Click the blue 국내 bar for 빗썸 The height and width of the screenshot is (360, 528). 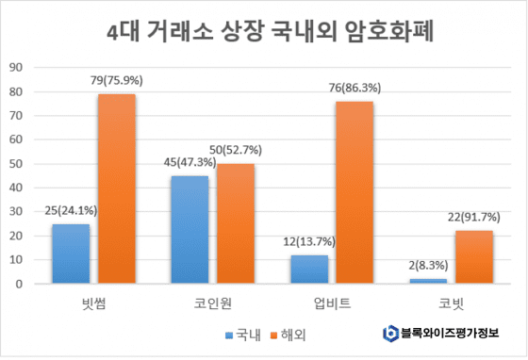pyautogui.click(x=71, y=254)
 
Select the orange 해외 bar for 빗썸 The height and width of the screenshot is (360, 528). pyautogui.click(x=117, y=188)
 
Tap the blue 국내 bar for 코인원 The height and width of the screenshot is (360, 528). pyautogui.click(x=190, y=229)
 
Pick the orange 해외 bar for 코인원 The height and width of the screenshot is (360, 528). pyautogui.click(x=236, y=223)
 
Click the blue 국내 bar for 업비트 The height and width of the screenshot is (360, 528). pyautogui.click(x=308, y=269)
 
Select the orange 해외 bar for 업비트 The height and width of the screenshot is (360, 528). pyautogui.click(x=355, y=192)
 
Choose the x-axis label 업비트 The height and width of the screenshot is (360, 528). pyautogui.click(x=332, y=303)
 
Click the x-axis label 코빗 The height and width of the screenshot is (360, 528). pyautogui.click(x=451, y=303)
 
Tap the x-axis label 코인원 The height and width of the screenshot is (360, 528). pyautogui.click(x=213, y=303)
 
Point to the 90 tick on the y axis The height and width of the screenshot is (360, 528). pyautogui.click(x=16, y=67)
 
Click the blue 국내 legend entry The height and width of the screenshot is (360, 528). pyautogui.click(x=243, y=333)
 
